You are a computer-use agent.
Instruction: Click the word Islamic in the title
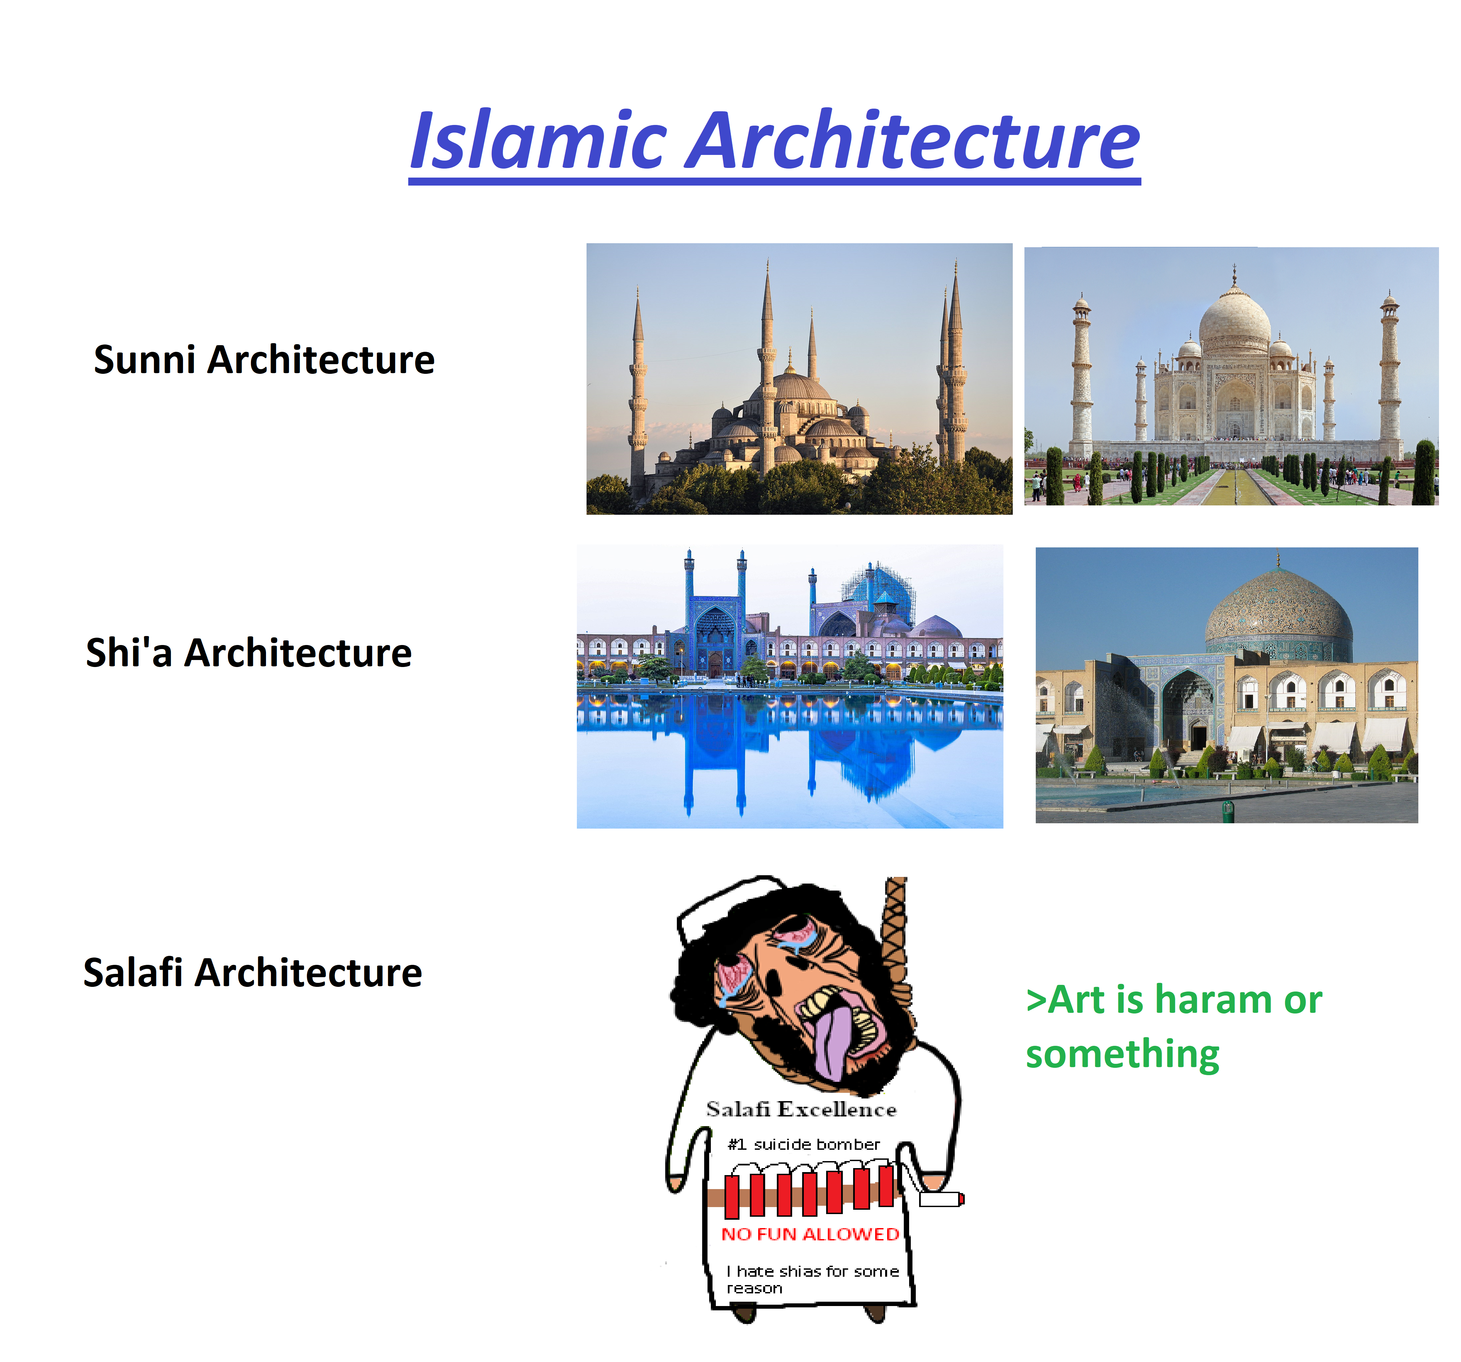coord(538,140)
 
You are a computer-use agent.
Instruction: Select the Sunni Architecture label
coord(264,360)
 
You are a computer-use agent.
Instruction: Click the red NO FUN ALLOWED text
coord(810,1234)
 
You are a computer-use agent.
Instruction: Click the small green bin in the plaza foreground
coord(1227,811)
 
